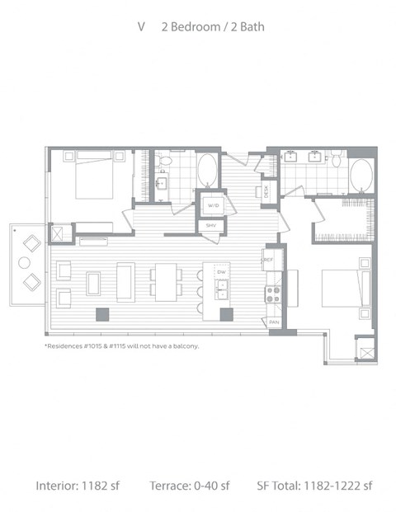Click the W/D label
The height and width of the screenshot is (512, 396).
pyautogui.click(x=212, y=205)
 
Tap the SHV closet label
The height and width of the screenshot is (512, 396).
pyautogui.click(x=211, y=225)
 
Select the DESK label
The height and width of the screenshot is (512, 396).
pyautogui.click(x=266, y=191)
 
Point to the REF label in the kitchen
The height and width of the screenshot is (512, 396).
pyautogui.click(x=268, y=260)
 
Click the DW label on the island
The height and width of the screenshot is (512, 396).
pyautogui.click(x=220, y=271)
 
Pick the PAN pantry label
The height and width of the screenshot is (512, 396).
pyautogui.click(x=273, y=322)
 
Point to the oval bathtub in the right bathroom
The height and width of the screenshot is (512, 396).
pyautogui.click(x=361, y=175)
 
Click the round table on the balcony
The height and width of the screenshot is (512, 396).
pyautogui.click(x=24, y=263)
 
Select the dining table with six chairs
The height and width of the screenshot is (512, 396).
pyautogui.click(x=167, y=282)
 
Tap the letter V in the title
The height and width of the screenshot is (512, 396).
pyautogui.click(x=142, y=27)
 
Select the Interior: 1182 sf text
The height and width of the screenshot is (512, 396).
pyautogui.click(x=78, y=485)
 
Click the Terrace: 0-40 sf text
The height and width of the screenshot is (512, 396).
pyautogui.click(x=189, y=485)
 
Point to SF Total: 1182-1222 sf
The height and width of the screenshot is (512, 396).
pyautogui.click(x=313, y=485)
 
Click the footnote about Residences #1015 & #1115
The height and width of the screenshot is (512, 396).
pyautogui.click(x=121, y=346)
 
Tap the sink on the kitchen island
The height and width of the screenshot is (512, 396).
pyautogui.click(x=220, y=289)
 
